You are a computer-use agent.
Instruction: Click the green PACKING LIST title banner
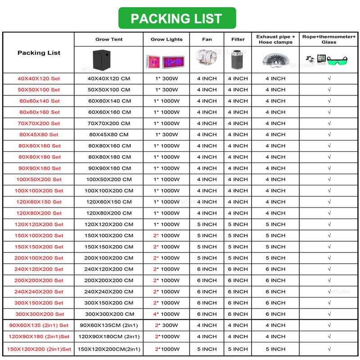point(176,18)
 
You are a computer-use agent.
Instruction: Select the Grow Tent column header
point(109,40)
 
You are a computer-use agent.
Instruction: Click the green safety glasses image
point(342,60)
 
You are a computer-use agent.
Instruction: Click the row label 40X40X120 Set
point(39,78)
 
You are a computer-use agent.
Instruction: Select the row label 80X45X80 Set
point(39,135)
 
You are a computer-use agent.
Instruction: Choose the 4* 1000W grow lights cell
point(166,314)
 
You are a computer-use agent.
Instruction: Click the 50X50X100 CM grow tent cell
point(109,90)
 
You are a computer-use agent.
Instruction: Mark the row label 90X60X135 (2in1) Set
point(39,325)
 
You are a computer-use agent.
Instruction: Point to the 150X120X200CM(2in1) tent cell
point(109,349)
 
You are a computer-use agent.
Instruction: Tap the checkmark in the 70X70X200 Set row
point(329,123)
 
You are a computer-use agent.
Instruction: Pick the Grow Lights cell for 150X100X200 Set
point(166,235)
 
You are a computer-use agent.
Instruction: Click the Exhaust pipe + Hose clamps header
point(275,39)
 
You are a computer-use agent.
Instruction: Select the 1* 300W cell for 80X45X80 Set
point(166,135)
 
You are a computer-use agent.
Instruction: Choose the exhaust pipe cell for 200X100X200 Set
point(275,258)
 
